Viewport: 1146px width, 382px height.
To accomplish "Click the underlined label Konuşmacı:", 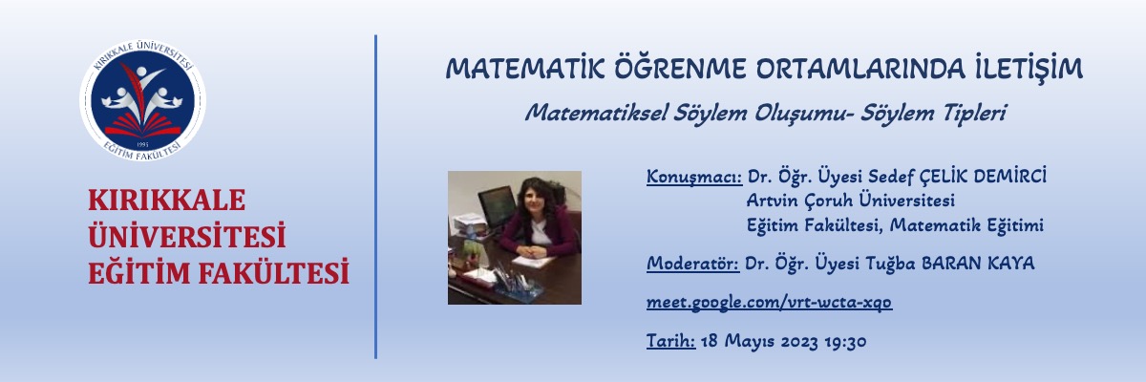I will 694,177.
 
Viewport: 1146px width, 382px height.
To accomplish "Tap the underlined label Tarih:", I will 670,341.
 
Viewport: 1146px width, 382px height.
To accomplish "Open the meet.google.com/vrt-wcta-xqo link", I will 770,302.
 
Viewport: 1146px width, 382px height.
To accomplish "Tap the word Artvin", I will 770,202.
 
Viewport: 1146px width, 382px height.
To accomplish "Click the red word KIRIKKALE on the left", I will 166,201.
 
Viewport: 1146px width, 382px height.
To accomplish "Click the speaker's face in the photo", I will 529,203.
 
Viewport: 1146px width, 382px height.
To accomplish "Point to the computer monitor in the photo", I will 496,204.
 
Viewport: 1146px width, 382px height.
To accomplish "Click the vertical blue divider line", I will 375,196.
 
